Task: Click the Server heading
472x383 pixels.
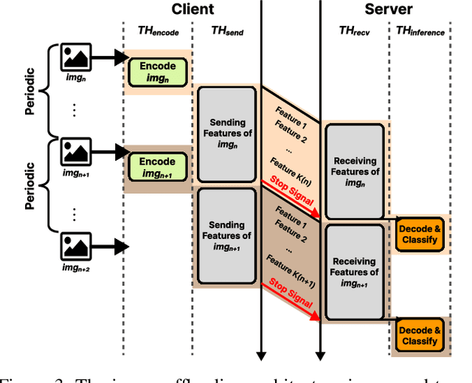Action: coord(389,10)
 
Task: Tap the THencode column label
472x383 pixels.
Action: coord(157,32)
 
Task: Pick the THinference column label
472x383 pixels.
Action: coord(420,32)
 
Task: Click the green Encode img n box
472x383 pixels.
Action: coord(157,71)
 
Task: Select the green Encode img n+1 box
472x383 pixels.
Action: coord(157,168)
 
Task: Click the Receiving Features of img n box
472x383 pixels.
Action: coord(355,171)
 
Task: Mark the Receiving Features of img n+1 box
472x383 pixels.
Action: coord(355,273)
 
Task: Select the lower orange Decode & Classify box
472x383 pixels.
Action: coord(420,334)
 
